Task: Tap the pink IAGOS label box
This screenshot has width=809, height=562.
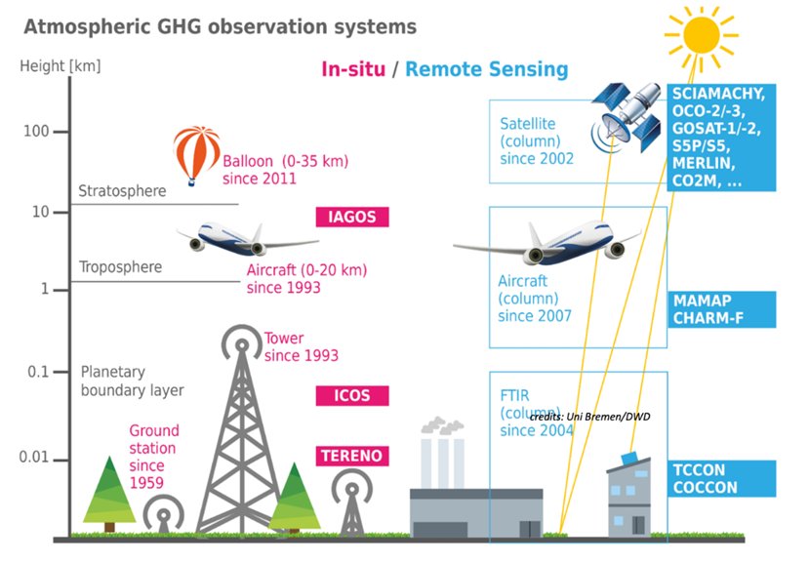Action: point(351,217)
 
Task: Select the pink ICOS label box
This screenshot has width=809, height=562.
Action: point(351,395)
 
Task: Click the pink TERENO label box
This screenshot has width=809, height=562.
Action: point(351,456)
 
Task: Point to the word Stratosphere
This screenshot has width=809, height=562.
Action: point(122,191)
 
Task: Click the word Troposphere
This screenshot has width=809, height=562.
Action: point(120,266)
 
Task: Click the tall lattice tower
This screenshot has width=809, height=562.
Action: point(238,439)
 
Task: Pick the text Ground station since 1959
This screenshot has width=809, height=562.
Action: point(154,456)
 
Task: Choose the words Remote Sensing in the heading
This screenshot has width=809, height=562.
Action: point(486,69)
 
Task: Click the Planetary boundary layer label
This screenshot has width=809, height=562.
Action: point(131,381)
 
